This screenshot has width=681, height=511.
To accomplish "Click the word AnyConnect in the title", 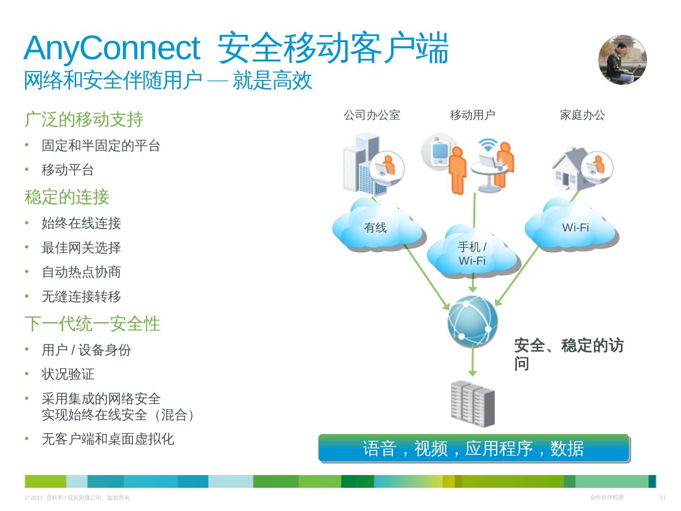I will pos(112,48).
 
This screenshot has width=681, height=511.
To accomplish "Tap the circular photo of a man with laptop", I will pos(622,60).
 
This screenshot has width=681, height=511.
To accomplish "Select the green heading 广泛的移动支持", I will pos(84,119).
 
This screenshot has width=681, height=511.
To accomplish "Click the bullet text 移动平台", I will pos(68,170).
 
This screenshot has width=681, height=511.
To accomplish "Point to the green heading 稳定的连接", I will pos(67,197).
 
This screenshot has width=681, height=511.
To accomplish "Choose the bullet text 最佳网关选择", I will pos(81,247).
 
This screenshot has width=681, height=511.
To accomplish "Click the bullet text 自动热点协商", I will pos(81,272).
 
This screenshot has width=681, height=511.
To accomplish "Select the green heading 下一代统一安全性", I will pos(92,324).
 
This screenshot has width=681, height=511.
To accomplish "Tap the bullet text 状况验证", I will pos(68,374).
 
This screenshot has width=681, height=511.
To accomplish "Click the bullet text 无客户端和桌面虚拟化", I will pos(108,439).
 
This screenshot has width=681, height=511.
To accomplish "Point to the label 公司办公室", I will pos(372,115).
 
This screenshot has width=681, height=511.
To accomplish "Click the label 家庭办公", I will pos(582,115).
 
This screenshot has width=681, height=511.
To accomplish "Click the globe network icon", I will pos(472,321).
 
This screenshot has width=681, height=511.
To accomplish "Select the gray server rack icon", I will pos(472,404).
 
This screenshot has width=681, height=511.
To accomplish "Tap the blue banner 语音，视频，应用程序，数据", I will pos(473,448).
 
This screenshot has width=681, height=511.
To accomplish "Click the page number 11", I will pos(663,497).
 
